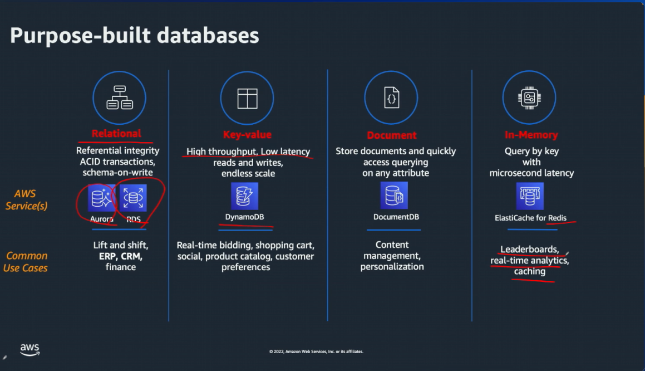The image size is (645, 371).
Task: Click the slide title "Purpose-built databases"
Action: (135, 36)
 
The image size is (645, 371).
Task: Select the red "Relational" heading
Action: (116, 134)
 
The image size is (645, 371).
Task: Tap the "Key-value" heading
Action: (247, 135)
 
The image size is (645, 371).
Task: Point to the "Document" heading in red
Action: (392, 135)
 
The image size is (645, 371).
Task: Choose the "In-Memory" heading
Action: (531, 135)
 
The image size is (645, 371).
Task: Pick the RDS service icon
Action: (133, 198)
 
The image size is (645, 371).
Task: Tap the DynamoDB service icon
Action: (245, 197)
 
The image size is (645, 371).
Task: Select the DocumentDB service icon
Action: (394, 196)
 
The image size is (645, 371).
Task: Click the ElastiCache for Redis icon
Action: (530, 196)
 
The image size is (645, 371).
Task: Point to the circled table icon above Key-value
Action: (247, 98)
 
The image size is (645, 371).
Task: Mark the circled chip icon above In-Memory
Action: (529, 98)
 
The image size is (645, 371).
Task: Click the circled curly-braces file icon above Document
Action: (391, 98)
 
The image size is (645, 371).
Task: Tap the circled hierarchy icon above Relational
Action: (119, 97)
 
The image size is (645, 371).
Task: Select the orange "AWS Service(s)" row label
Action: (27, 200)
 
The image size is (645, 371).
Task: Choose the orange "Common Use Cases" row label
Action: (27, 262)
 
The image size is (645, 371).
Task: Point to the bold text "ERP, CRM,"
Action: (121, 256)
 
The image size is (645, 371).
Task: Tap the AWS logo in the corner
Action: (30, 349)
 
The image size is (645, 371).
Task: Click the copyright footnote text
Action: (316, 352)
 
